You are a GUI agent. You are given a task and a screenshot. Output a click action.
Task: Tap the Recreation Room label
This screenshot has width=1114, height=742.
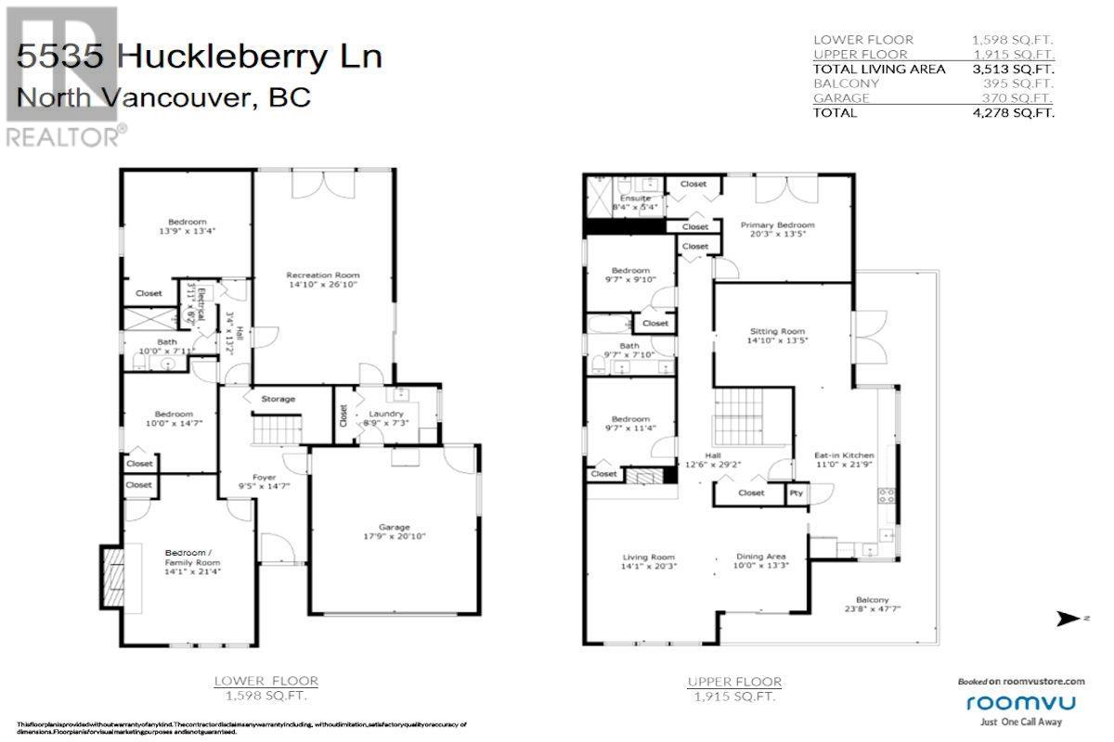click(x=322, y=275)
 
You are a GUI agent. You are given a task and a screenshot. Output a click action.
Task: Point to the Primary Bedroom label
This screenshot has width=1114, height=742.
click(x=777, y=225)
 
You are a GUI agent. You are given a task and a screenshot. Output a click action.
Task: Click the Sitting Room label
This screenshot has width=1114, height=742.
click(x=777, y=331)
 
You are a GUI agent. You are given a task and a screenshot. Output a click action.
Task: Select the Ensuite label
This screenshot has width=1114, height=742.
click(x=636, y=198)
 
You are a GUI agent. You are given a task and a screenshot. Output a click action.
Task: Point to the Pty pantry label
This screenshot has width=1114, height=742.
click(x=796, y=493)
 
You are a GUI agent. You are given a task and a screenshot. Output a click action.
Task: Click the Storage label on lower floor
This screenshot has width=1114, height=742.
click(x=278, y=399)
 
